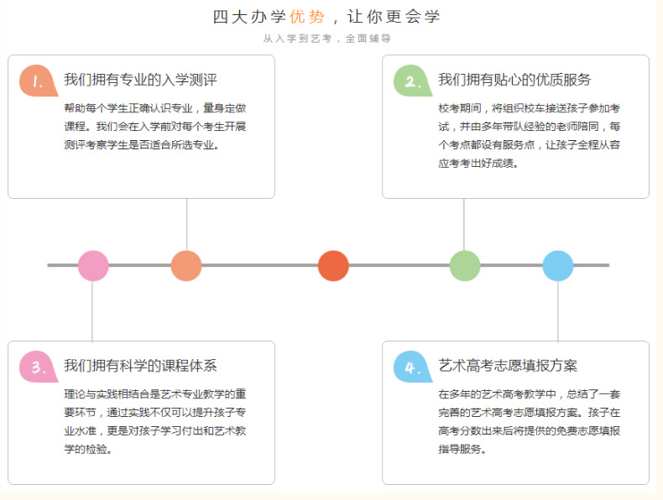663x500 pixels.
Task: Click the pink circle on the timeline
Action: (x=93, y=265)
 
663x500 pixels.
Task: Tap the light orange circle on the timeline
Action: (x=186, y=265)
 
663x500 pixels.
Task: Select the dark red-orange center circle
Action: (x=333, y=265)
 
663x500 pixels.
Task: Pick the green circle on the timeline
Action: (x=465, y=265)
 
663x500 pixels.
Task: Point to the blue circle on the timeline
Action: (x=558, y=265)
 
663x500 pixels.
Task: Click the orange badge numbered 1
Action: (x=38, y=81)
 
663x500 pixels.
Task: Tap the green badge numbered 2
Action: (x=412, y=81)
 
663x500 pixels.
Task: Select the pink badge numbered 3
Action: (x=38, y=367)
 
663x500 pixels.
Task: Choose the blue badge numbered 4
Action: (x=412, y=367)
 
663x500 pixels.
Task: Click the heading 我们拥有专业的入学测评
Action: (x=140, y=80)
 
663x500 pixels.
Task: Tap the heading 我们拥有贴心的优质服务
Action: (x=514, y=80)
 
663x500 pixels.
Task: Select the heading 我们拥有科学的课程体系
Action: (x=140, y=366)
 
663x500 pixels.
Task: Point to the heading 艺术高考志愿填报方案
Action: (x=508, y=366)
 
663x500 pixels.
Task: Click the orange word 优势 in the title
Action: (x=307, y=17)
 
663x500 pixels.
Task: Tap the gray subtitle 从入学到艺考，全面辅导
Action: (x=326, y=39)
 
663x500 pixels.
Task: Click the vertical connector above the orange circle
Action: (x=186, y=225)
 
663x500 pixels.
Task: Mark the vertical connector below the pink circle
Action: (x=92, y=311)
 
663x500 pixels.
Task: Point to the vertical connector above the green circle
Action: (x=464, y=225)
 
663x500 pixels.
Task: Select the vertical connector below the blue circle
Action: (x=558, y=311)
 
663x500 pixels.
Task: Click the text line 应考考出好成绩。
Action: (x=478, y=163)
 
